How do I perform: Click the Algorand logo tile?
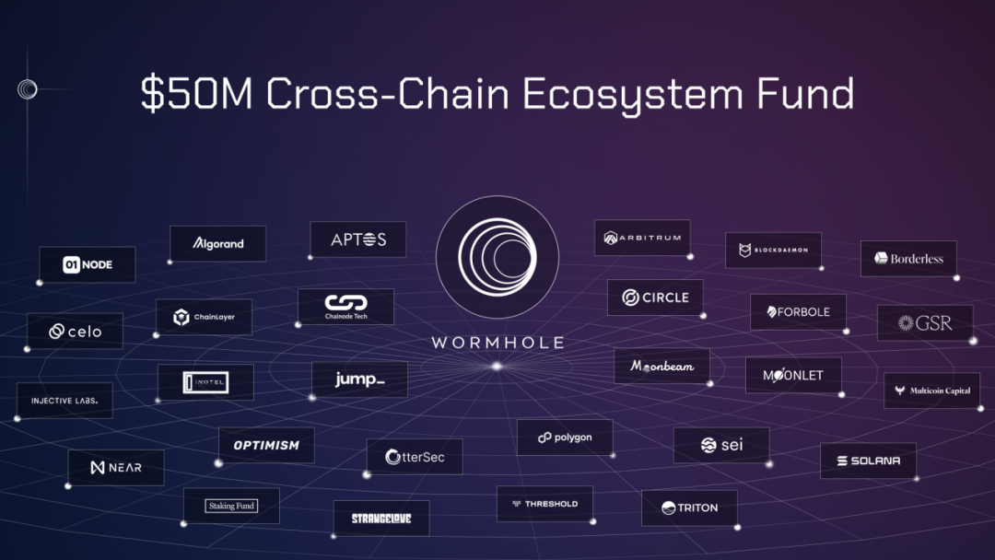pos(218,244)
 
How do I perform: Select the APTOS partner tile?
pos(358,239)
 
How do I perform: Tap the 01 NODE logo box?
pos(88,265)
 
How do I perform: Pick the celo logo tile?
pos(75,332)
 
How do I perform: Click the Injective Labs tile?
pos(64,401)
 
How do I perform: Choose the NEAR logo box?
pos(116,468)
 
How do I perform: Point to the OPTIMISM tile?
pos(266,445)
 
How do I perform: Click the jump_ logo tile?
pos(359,379)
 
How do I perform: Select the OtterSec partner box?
pos(415,457)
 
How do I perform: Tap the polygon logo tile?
pos(565,437)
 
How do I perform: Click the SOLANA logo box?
pos(868,461)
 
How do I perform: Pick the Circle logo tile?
pos(655,297)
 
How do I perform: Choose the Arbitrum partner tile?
pos(642,238)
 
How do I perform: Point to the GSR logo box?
pos(925,323)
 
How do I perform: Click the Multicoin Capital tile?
pos(931,391)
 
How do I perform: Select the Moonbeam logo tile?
pos(661,366)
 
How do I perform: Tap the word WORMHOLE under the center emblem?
pos(497,343)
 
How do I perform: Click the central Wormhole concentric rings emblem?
pos(497,258)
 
